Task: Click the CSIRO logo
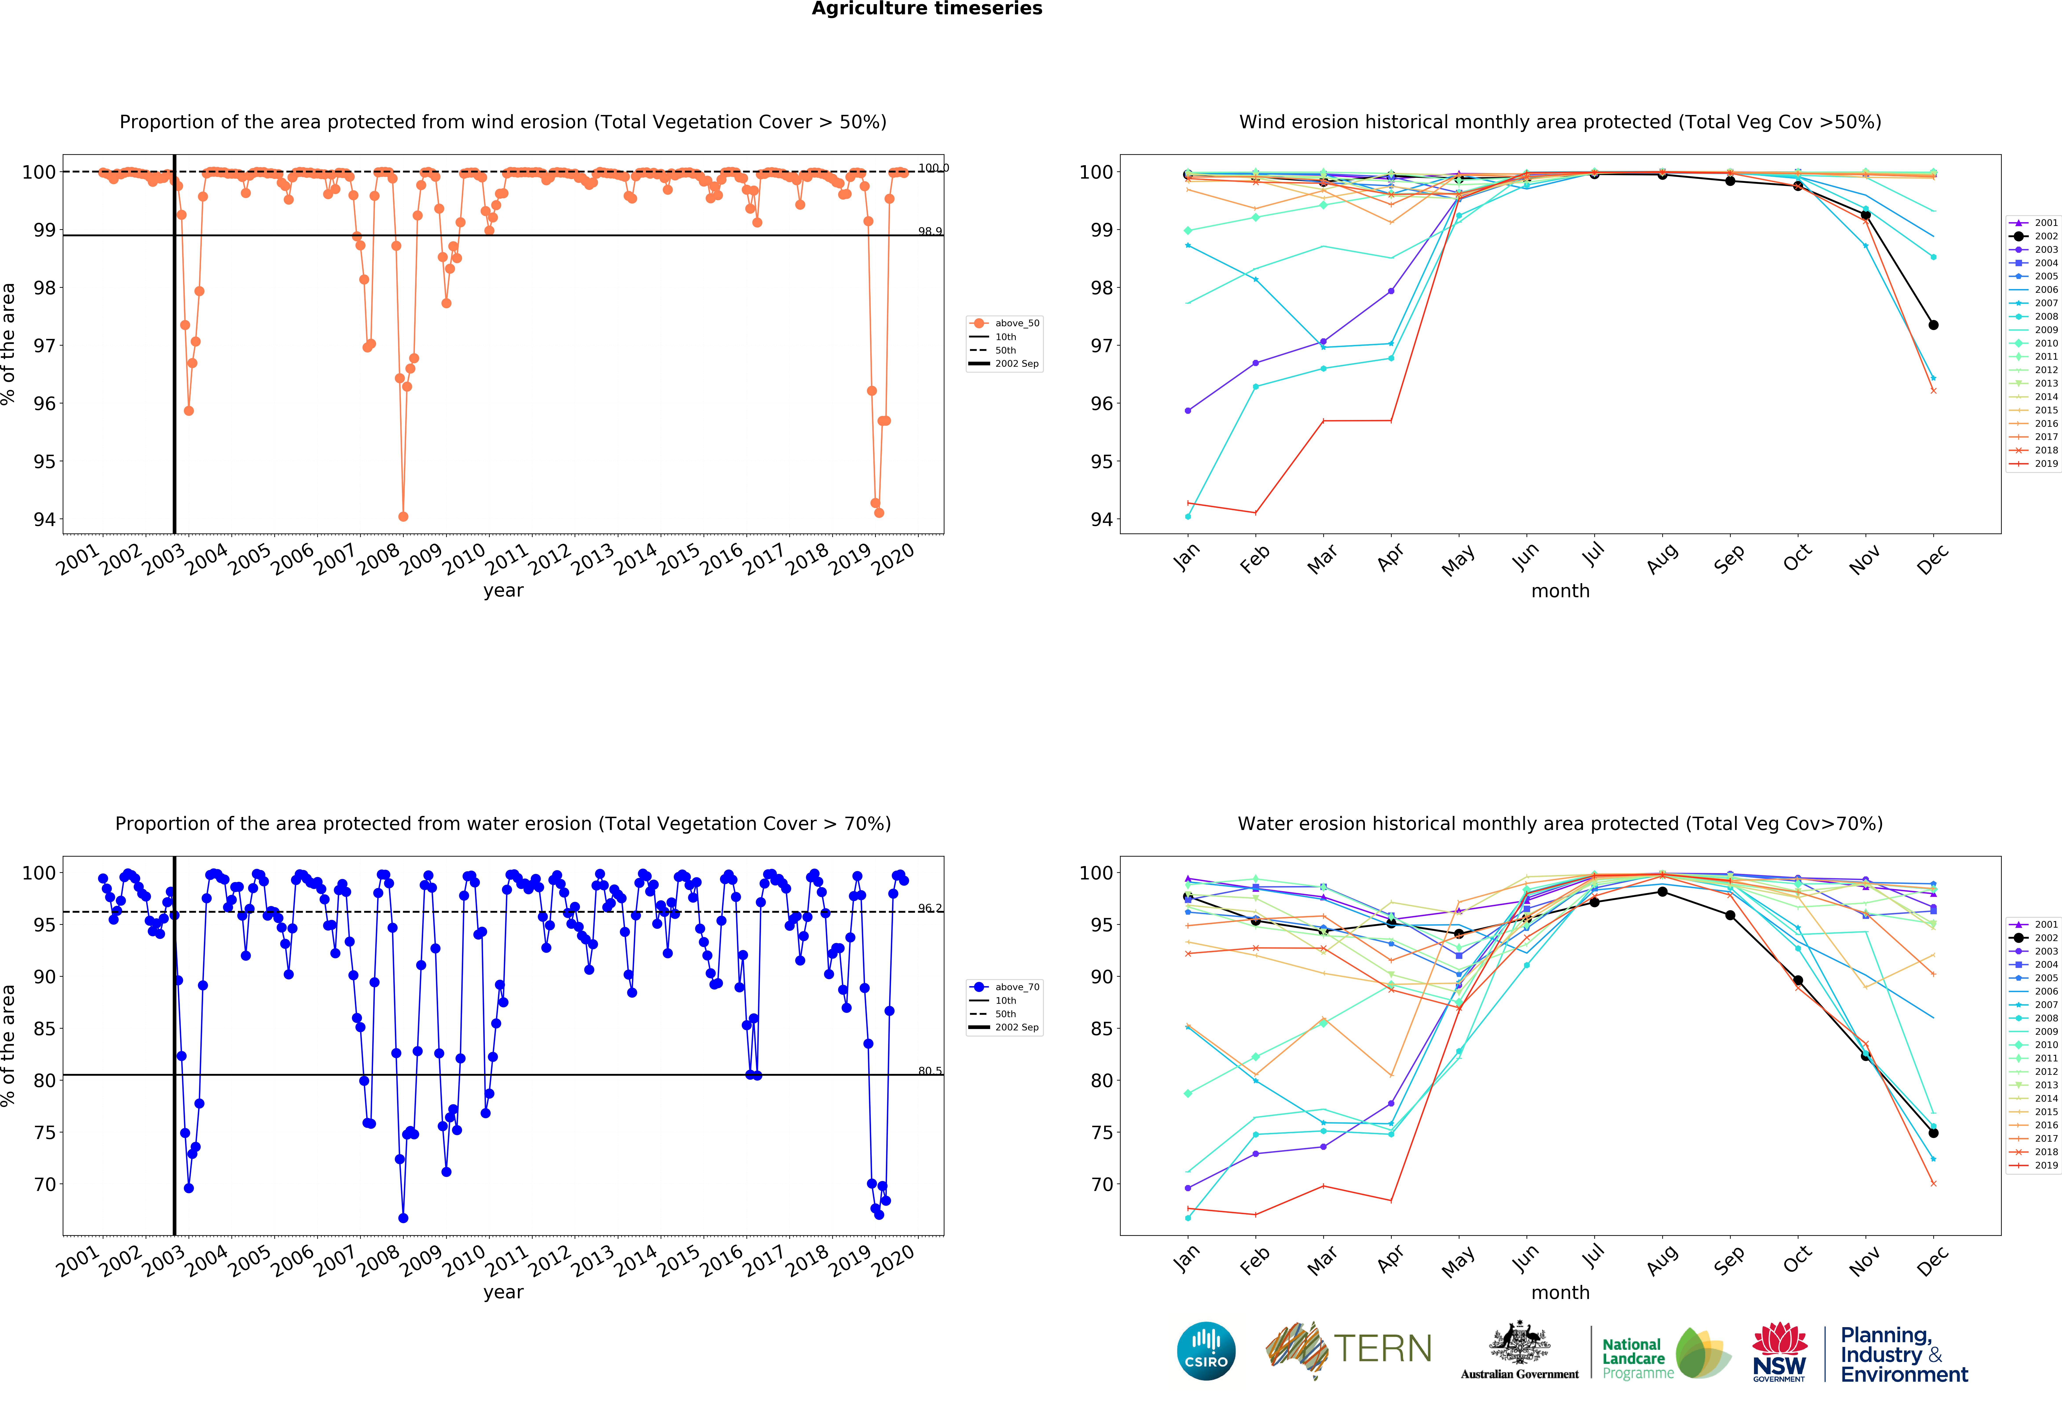point(1206,1351)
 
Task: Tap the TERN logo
point(1349,1349)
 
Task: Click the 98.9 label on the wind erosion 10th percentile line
point(930,231)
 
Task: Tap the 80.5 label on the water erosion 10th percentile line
point(930,1071)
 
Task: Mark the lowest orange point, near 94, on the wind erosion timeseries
point(404,516)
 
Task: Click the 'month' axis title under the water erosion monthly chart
point(1560,1292)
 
